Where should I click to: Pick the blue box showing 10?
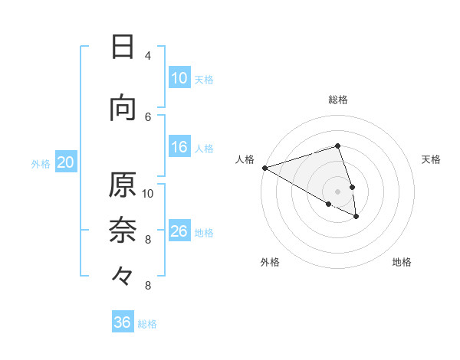click(179, 78)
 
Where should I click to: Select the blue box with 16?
click(179, 148)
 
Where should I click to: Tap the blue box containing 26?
click(179, 231)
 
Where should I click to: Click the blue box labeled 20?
click(66, 162)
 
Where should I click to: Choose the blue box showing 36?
click(123, 322)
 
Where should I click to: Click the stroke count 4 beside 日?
click(148, 56)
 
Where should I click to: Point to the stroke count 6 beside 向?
click(148, 116)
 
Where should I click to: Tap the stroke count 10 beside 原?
click(148, 193)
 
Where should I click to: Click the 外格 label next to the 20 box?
click(41, 163)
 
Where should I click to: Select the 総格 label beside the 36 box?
click(147, 323)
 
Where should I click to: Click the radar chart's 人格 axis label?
click(245, 159)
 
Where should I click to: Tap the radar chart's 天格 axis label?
click(431, 159)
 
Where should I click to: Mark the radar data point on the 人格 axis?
click(264, 168)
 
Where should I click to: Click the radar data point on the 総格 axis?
click(337, 146)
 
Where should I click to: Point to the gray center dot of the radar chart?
click(337, 191)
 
